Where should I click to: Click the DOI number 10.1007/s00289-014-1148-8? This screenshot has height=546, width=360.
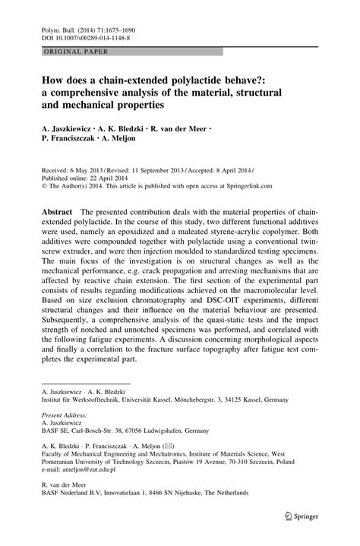[90, 36]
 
